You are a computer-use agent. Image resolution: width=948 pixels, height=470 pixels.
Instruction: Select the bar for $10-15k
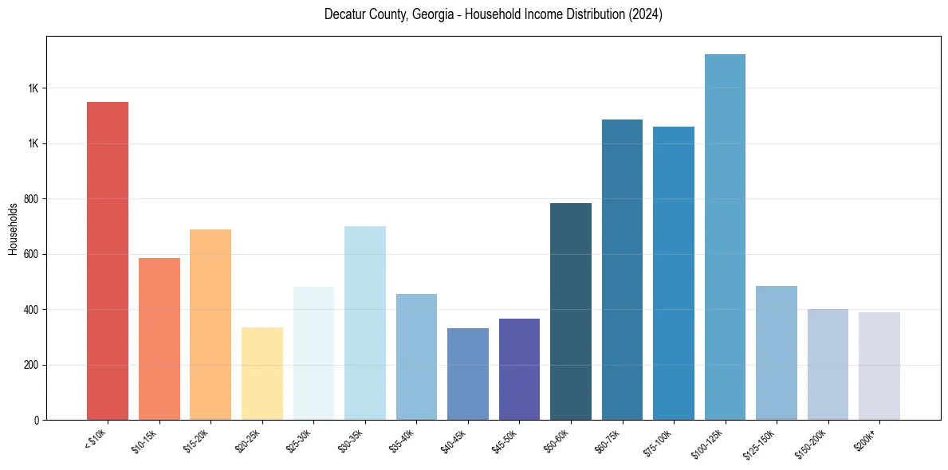[x=159, y=339]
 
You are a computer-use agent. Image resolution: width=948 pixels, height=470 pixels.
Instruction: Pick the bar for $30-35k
[x=364, y=323]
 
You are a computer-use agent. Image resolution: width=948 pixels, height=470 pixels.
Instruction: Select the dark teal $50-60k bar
[x=570, y=311]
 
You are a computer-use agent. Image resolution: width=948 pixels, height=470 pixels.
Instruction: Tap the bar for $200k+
[x=879, y=366]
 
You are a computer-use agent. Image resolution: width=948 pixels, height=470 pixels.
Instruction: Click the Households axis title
[x=13, y=228]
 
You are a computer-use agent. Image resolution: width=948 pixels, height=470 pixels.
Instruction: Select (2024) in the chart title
[x=645, y=14]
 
